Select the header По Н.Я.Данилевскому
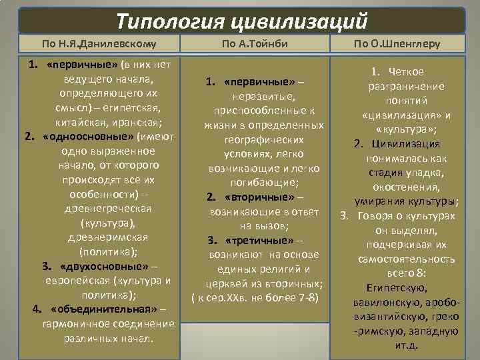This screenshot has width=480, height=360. pyautogui.click(x=99, y=45)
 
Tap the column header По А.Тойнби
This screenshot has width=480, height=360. pyautogui.click(x=264, y=45)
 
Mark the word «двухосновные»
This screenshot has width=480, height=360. pyautogui.click(x=100, y=266)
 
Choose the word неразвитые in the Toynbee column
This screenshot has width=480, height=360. pyautogui.click(x=265, y=97)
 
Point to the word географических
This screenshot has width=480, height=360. pyautogui.click(x=265, y=140)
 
